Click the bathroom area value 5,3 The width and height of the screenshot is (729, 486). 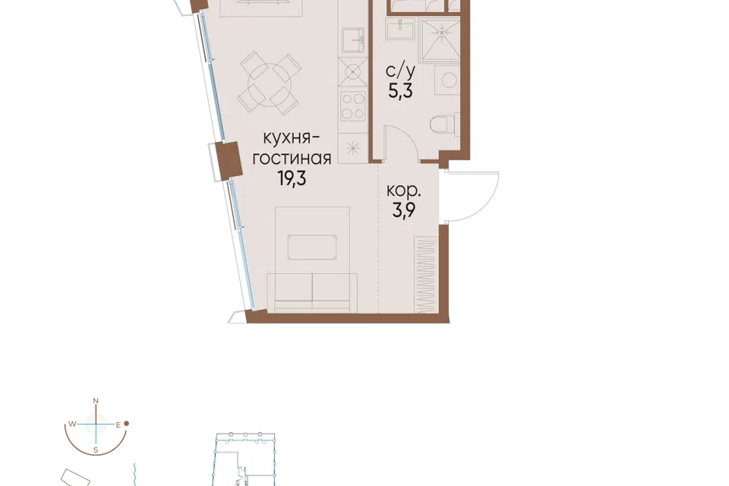[x=400, y=90]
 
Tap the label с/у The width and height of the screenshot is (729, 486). [x=400, y=71]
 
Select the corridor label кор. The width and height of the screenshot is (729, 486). [x=403, y=191]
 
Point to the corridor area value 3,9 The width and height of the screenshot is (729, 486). [x=403, y=210]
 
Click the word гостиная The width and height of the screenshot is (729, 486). [x=292, y=159]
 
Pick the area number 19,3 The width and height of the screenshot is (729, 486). [x=292, y=178]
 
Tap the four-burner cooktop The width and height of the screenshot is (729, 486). [x=353, y=106]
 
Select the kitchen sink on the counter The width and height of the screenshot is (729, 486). [x=354, y=40]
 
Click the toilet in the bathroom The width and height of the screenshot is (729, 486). [x=442, y=125]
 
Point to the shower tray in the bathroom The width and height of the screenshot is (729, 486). [x=440, y=39]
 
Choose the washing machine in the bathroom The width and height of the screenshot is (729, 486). [x=447, y=80]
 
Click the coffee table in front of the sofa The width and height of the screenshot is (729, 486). [x=312, y=248]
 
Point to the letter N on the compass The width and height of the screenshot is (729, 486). [x=96, y=401]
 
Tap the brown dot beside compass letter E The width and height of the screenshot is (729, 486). [x=126, y=424]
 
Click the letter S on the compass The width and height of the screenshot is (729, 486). [x=96, y=450]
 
